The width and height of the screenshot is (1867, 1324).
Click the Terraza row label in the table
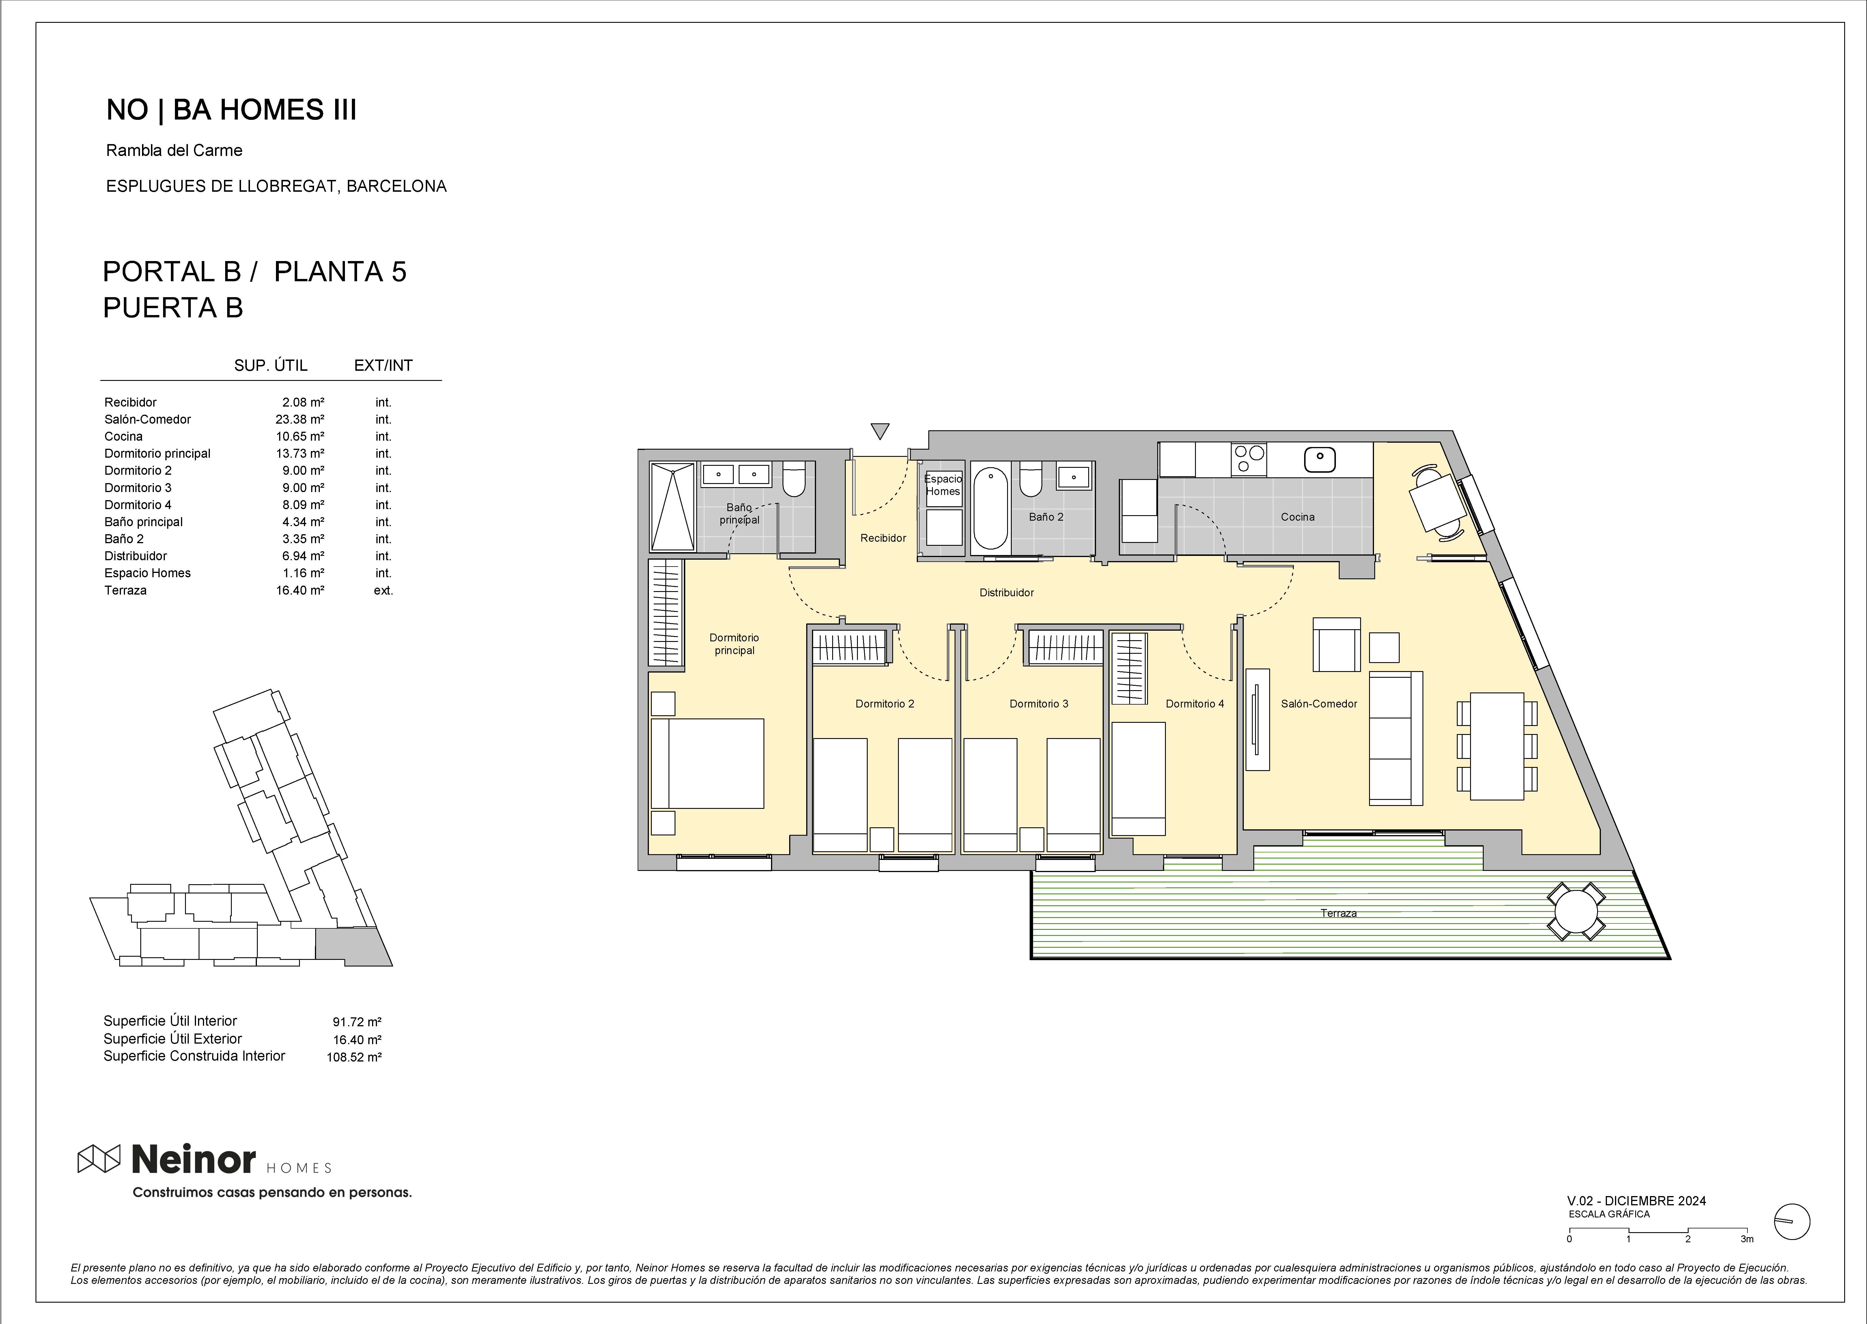[126, 590]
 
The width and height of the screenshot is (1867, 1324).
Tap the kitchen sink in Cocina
[1319, 459]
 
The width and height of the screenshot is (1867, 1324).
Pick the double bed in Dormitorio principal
[707, 763]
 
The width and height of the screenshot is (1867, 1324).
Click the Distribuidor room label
[1007, 593]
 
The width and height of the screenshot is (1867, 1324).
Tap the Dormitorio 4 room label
[1195, 703]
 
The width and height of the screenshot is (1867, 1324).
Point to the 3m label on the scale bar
[1746, 1239]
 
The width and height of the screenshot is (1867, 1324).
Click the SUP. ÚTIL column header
[270, 365]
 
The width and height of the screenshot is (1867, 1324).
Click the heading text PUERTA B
[173, 308]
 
